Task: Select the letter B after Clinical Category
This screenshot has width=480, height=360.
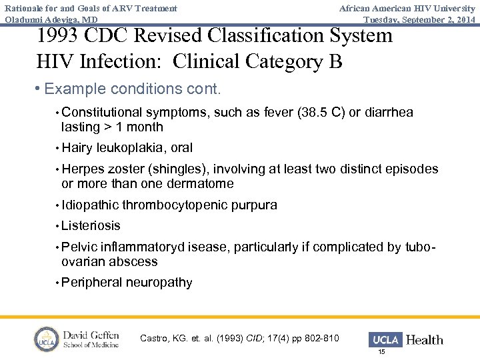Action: pos(335,61)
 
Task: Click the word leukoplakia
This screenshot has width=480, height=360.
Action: pos(132,148)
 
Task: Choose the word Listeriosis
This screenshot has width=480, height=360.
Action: pos(91,226)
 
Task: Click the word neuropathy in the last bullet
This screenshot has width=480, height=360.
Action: pos(159,283)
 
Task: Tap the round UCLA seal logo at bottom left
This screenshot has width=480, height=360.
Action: pos(47,339)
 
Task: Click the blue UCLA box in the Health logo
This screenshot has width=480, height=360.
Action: pos(385,339)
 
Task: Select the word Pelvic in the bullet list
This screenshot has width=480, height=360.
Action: pos(79,247)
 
